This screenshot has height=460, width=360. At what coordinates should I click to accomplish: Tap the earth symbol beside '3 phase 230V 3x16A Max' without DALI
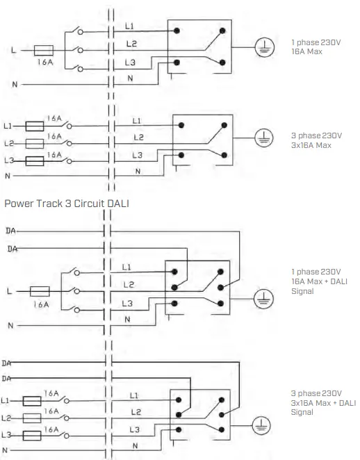click(x=262, y=138)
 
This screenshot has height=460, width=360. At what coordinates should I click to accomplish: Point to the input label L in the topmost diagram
click(x=14, y=51)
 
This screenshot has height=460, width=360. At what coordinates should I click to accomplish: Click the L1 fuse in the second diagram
click(x=35, y=126)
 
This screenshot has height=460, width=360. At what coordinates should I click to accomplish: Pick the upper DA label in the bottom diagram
click(x=7, y=363)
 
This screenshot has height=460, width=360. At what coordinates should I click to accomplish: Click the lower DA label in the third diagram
click(x=10, y=248)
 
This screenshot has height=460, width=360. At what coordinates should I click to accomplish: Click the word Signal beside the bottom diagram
click(x=302, y=412)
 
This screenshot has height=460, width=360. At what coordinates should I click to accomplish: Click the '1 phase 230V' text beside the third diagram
click(x=316, y=272)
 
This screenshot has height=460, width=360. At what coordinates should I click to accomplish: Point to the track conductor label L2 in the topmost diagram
click(x=131, y=44)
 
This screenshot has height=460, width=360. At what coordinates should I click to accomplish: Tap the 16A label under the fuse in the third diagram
click(x=41, y=304)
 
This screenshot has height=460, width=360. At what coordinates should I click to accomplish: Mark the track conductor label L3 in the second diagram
click(x=137, y=155)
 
